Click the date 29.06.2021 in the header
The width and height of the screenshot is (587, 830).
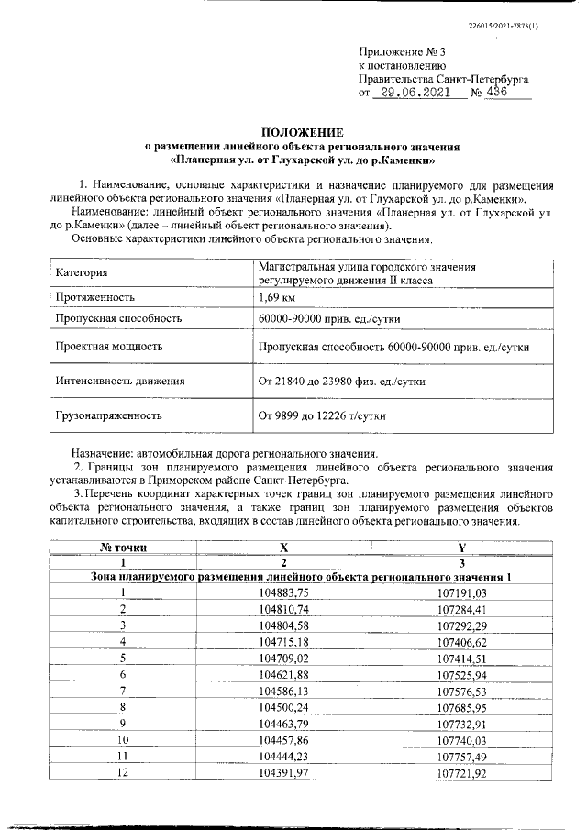(x=415, y=93)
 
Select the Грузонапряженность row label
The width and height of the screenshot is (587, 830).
(x=108, y=415)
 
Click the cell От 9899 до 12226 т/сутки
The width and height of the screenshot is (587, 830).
(x=322, y=415)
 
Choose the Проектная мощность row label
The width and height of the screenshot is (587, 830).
(x=109, y=347)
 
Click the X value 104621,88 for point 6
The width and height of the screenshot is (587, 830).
(x=284, y=673)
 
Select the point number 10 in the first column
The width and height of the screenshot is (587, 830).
(x=123, y=738)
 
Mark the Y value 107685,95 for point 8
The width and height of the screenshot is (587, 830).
(x=462, y=706)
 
